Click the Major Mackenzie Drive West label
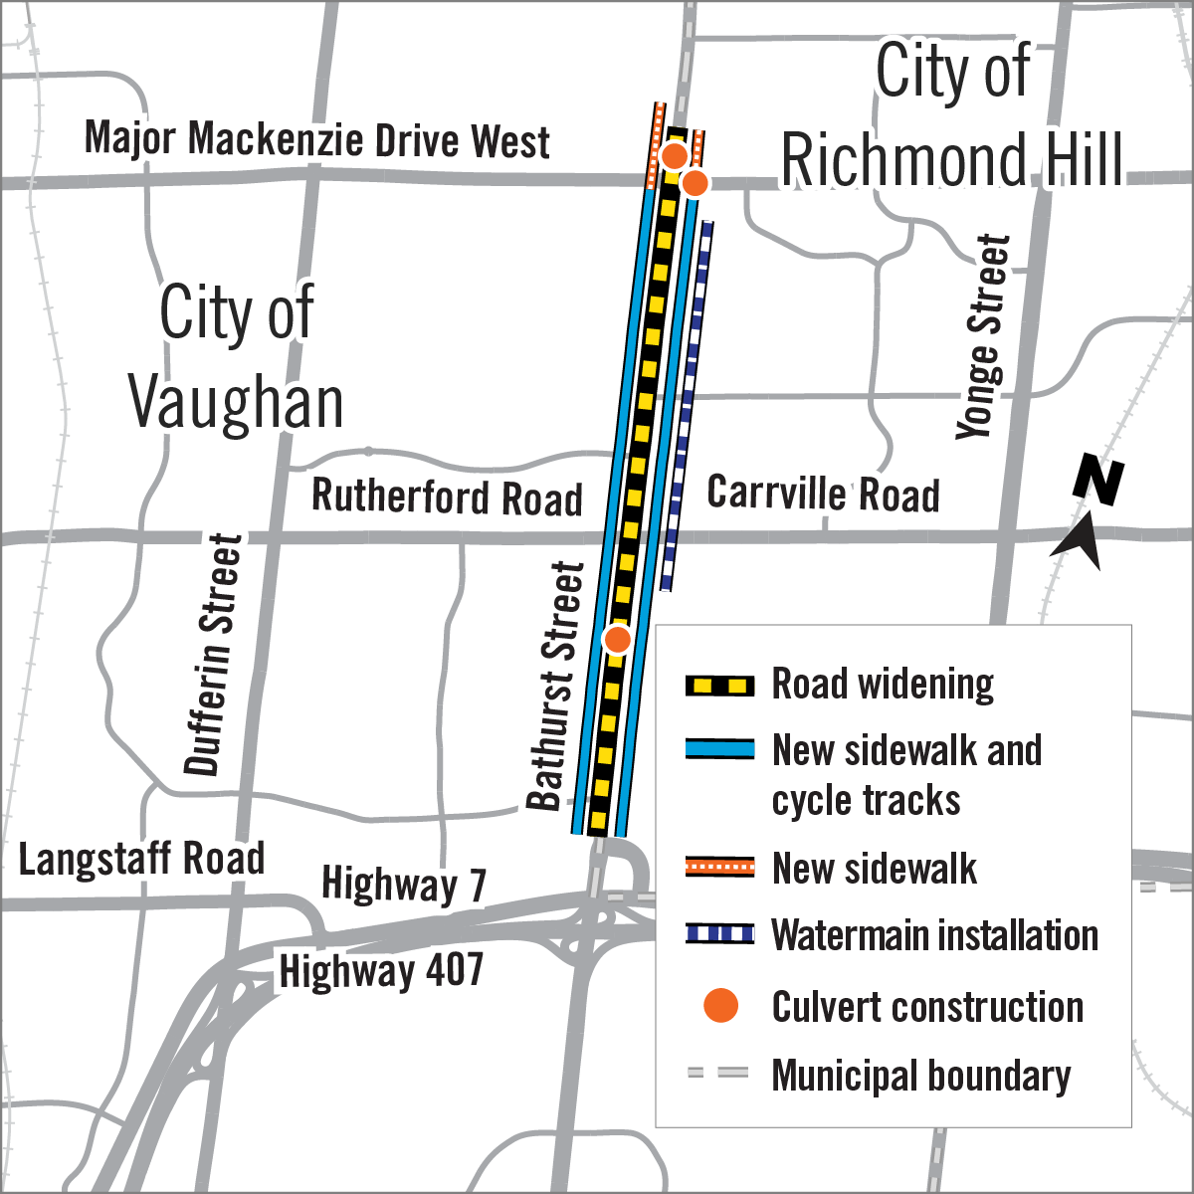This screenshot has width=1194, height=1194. click(x=316, y=139)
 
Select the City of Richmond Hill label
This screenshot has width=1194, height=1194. click(x=952, y=117)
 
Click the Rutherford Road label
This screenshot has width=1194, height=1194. click(x=447, y=497)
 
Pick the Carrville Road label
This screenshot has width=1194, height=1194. click(x=823, y=494)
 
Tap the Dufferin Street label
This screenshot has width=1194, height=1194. click(x=213, y=654)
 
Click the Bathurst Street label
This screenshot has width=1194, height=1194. click(x=555, y=687)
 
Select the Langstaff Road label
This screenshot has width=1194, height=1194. click(x=141, y=859)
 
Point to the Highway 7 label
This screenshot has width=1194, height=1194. click(x=403, y=884)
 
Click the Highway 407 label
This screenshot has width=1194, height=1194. click(x=381, y=971)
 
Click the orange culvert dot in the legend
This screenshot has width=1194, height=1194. click(x=720, y=1006)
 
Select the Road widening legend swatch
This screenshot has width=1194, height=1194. click(x=718, y=686)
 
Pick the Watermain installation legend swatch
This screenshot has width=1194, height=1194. click(x=718, y=934)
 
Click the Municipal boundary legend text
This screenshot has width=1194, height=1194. click(x=920, y=1076)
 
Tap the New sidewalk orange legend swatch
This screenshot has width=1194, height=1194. click(x=718, y=868)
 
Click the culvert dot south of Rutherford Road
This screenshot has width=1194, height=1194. click(x=618, y=639)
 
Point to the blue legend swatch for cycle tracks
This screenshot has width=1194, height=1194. click(x=718, y=749)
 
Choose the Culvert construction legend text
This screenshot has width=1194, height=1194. click(x=927, y=1007)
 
